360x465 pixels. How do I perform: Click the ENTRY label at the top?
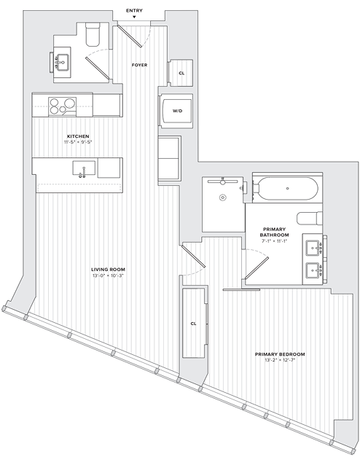tap(134, 10)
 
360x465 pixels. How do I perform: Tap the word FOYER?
tap(139, 66)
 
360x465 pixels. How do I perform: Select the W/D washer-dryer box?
tap(177, 111)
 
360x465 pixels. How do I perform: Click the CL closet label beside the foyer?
tap(181, 73)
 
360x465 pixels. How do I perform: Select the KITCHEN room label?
tap(78, 136)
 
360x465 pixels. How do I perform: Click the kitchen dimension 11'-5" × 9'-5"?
tap(78, 143)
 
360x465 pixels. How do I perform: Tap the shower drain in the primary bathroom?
tap(222, 197)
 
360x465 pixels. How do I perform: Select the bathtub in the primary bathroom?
tap(286, 189)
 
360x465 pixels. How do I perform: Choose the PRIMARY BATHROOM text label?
tap(275, 232)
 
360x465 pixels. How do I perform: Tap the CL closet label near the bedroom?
tap(194, 323)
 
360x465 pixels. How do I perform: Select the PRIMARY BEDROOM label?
tap(280, 354)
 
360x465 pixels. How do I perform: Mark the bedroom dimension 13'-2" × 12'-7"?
tap(280, 362)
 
